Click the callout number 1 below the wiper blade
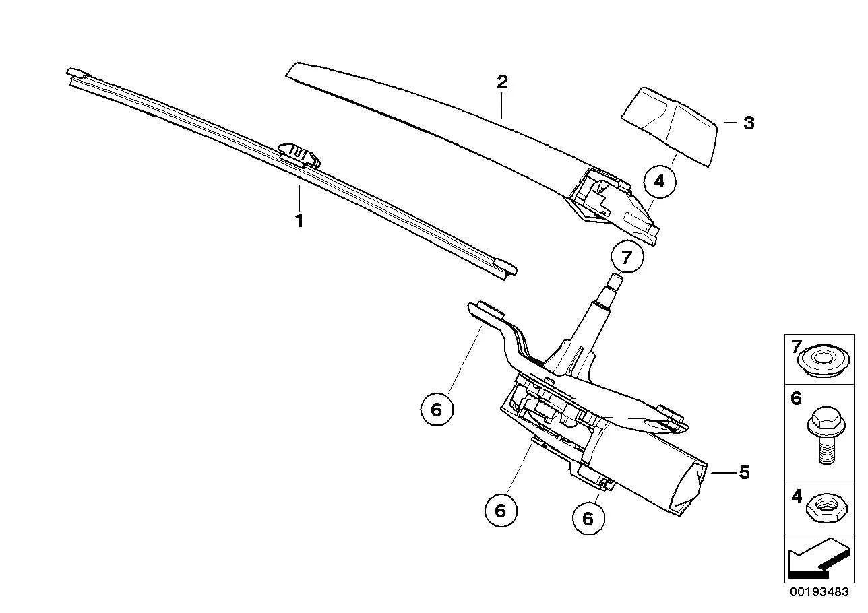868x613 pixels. pyautogui.click(x=299, y=220)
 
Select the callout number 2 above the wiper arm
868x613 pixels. pyautogui.click(x=502, y=82)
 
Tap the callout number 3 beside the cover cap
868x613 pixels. pyautogui.click(x=749, y=123)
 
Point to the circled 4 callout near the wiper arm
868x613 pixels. pyautogui.click(x=660, y=181)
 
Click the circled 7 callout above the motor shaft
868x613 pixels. pyautogui.click(x=627, y=257)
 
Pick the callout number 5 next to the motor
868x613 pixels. pyautogui.click(x=744, y=472)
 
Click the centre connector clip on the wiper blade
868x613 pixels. pyautogui.click(x=299, y=155)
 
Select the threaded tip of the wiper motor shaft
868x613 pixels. pyautogui.click(x=615, y=282)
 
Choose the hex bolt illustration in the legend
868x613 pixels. pyautogui.click(x=826, y=434)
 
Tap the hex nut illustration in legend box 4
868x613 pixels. pyautogui.click(x=827, y=509)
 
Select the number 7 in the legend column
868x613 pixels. pyautogui.click(x=796, y=346)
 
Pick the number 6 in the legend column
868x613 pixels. pyautogui.click(x=796, y=398)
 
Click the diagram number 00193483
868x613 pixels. pyautogui.click(x=819, y=592)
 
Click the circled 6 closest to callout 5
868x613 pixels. pyautogui.click(x=588, y=518)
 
